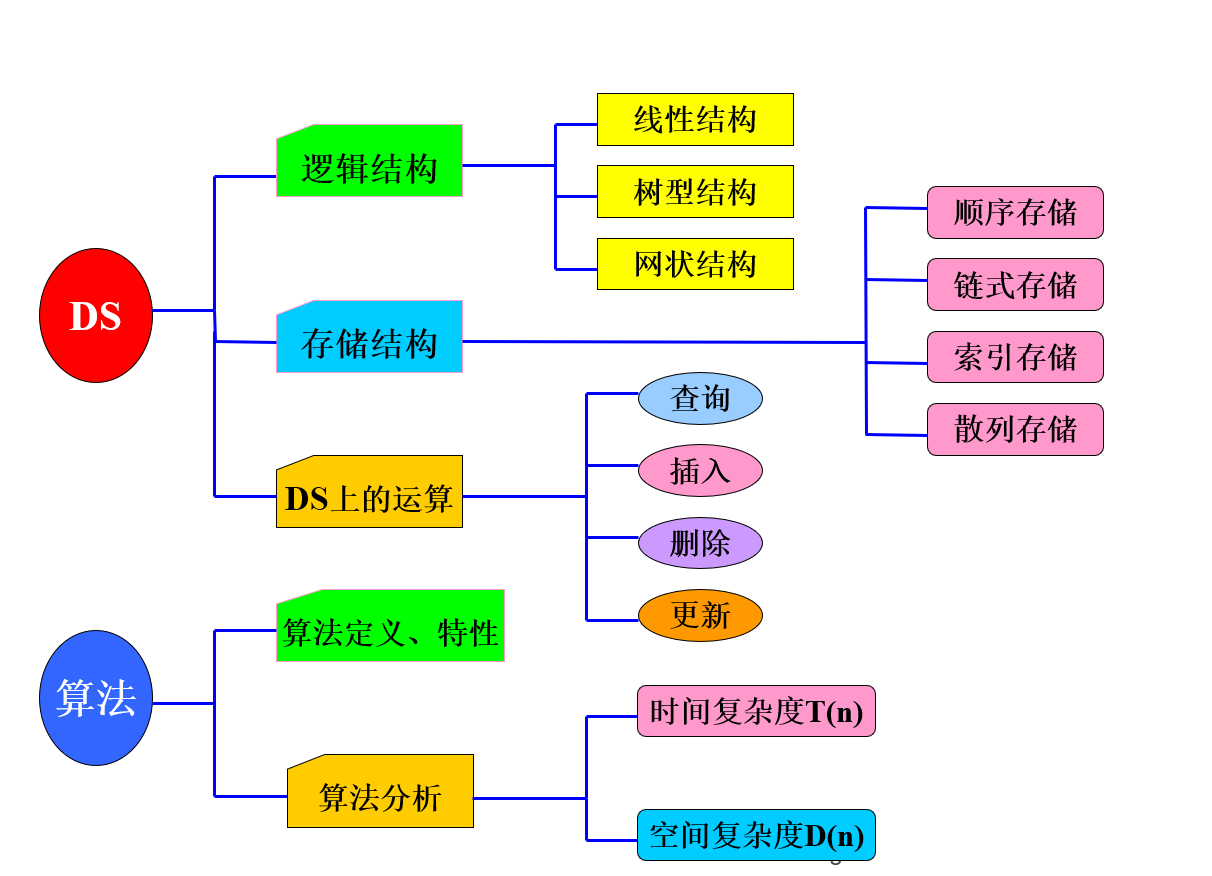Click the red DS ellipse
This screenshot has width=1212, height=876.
[96, 315]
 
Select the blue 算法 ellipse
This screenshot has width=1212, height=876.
[96, 698]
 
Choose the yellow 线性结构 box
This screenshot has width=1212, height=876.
[695, 120]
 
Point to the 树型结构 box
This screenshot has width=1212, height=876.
[695, 192]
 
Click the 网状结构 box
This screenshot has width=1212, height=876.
[695, 264]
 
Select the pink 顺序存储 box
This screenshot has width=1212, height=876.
[1015, 213]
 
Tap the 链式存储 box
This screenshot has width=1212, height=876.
[1015, 285]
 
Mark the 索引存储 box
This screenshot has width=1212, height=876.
[1015, 357]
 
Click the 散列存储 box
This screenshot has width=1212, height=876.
[1015, 430]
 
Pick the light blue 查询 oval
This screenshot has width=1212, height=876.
[700, 399]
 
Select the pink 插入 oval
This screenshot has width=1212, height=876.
[700, 471]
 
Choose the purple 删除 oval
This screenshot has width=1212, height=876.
[700, 543]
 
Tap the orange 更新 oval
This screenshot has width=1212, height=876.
[700, 615]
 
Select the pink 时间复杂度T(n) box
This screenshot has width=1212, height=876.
[756, 711]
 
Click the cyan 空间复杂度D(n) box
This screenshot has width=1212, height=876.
[756, 835]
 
